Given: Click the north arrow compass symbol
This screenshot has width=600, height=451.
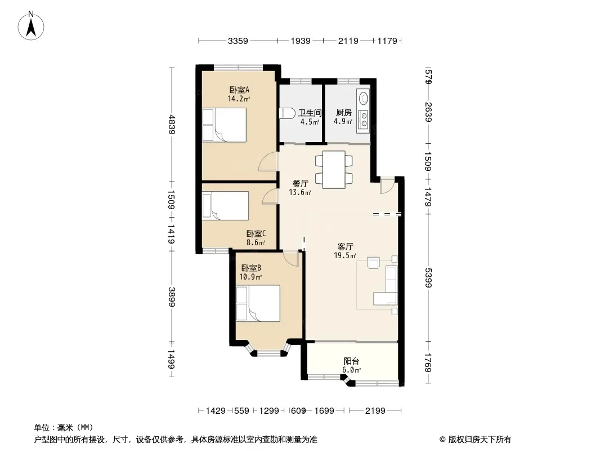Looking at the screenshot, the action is point(31,26).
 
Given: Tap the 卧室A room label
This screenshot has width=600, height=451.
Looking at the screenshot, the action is point(239,90).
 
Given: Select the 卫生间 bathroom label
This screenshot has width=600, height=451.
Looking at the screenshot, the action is point(310,113).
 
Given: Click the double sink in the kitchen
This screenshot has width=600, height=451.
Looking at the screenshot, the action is point(362,118).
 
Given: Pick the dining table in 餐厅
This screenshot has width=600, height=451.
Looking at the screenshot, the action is point(334,169).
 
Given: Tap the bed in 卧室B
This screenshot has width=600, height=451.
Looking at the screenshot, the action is point(258,303).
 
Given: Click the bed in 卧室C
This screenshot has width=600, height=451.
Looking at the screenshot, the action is point(225,206).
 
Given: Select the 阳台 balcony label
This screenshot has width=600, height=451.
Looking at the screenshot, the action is point(351,361).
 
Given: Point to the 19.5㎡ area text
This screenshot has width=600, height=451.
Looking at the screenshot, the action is point(345,255).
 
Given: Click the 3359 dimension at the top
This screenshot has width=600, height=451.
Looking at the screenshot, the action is point(238,41).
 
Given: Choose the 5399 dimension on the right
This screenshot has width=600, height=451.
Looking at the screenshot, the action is point(428,277).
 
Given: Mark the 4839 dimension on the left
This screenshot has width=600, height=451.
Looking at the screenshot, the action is point(171,125).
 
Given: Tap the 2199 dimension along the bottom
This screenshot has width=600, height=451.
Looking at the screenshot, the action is point(375,411).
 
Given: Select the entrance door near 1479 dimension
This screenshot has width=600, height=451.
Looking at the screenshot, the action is point(387,185).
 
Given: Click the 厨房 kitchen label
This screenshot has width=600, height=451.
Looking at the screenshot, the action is point(344,113).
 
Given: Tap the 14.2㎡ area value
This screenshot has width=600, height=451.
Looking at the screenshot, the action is point(239,99).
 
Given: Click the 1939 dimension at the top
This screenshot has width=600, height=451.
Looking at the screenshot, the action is point(301,41).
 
